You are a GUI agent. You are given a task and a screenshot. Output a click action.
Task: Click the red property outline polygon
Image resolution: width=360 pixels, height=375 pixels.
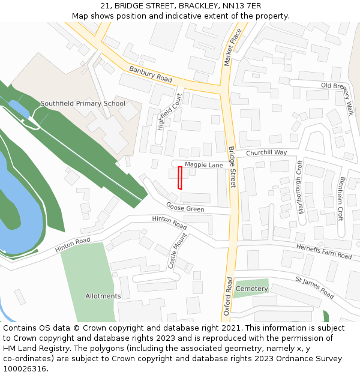pos(180,178)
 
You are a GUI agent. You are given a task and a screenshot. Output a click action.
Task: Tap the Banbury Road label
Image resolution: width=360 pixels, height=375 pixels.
pos(151,74)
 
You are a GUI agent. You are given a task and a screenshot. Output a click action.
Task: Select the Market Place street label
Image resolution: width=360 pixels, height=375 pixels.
pos(232,47)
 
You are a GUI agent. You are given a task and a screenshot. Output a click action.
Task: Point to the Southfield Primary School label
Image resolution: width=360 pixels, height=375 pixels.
pos(83,103)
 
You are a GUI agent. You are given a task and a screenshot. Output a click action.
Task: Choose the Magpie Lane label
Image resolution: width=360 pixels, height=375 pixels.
pos(203,164)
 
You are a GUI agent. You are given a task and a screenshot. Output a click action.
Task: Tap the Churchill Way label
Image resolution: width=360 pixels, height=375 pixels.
pos(266,152)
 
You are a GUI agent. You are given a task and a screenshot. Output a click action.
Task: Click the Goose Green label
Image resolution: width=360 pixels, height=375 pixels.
pos(185,208)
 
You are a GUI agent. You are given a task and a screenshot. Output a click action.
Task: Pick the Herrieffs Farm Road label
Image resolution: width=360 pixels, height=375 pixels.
pos(324,252)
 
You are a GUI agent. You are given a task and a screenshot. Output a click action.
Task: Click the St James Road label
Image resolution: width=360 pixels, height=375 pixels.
pos(314,287)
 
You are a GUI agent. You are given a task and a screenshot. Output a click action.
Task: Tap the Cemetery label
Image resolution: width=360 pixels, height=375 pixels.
pos(252,289)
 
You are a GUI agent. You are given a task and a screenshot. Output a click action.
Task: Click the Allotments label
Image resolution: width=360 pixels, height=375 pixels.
pos(103,296)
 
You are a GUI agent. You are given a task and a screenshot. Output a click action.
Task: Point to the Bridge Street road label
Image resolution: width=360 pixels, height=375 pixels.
pos(233,166)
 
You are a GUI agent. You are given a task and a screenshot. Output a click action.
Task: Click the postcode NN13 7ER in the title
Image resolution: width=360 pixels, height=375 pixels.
pos(246,6)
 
